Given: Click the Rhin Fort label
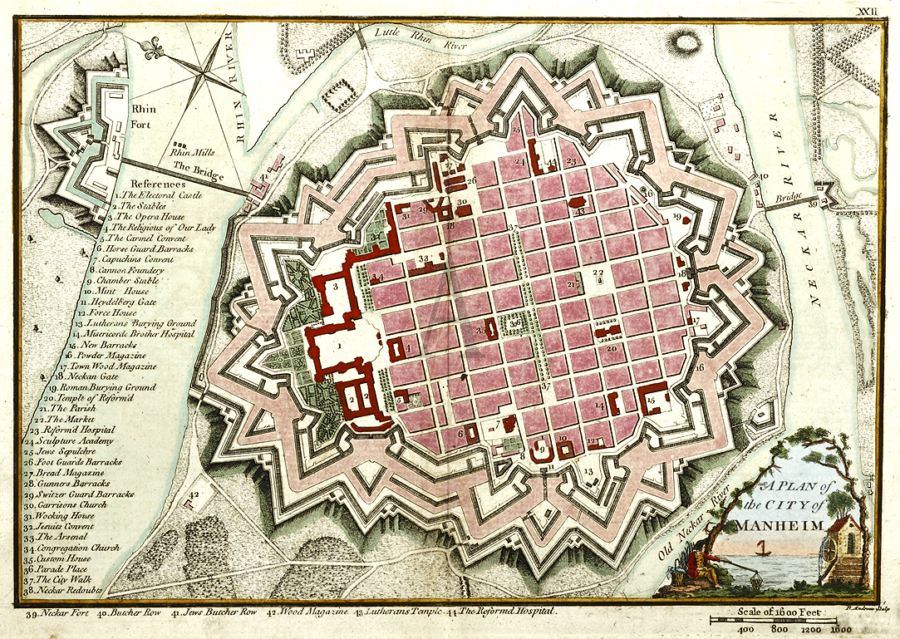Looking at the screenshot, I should click(143, 114).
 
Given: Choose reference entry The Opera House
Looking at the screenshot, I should click(155, 216).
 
